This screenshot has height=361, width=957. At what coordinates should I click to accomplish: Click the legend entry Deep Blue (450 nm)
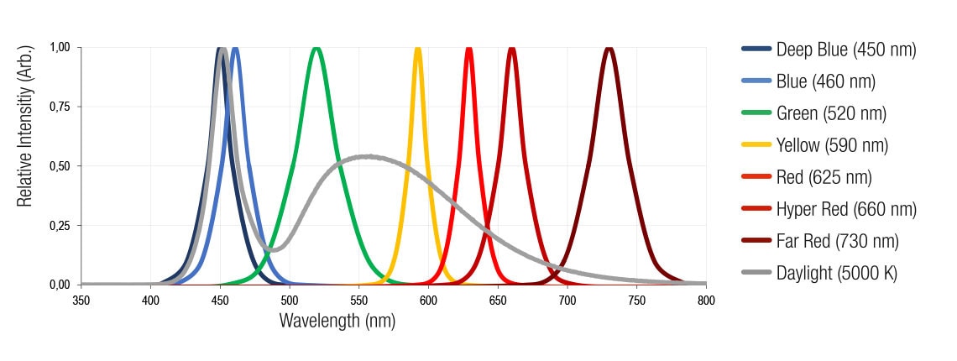pyautogui.click(x=846, y=50)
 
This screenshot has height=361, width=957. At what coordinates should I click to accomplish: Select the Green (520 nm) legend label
pyautogui.click(x=831, y=113)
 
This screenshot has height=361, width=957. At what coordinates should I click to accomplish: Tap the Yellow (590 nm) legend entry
pyautogui.click(x=832, y=145)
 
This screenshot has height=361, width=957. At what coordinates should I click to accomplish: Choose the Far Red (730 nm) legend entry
pyautogui.click(x=838, y=242)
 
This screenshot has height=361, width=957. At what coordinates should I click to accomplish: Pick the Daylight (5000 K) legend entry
pyautogui.click(x=837, y=274)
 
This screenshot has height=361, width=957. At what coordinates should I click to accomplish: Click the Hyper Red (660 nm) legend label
pyautogui.click(x=846, y=210)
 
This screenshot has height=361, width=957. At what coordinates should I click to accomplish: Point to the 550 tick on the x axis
pyautogui.click(x=359, y=299)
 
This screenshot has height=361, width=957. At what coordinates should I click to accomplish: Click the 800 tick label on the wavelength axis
pyautogui.click(x=705, y=299)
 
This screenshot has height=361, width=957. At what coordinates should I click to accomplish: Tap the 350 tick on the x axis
pyautogui.click(x=81, y=299)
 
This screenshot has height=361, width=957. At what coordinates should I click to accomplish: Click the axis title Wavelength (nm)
pyautogui.click(x=337, y=321)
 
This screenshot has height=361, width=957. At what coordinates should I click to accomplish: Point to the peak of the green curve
pyautogui.click(x=316, y=49)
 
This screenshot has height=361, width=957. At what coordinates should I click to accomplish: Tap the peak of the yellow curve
pyautogui.click(x=417, y=49)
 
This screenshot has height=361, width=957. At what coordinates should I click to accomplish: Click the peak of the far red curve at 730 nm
pyautogui.click(x=609, y=49)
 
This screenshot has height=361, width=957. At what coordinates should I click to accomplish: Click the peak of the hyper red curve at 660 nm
pyautogui.click(x=512, y=49)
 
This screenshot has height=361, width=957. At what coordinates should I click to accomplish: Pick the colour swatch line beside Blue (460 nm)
pyautogui.click(x=756, y=81)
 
